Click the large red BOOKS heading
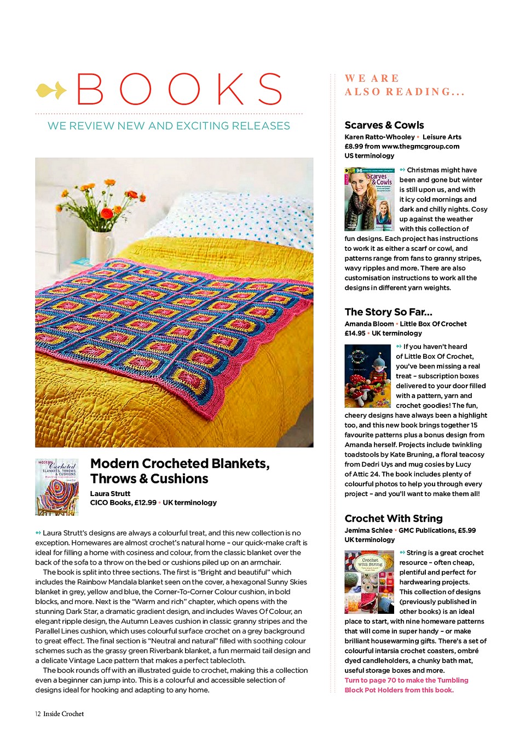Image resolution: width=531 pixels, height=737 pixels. [180, 89]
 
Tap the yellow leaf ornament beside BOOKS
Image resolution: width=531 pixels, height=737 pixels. [51, 90]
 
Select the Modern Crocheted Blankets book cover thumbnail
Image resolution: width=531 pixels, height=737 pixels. [57, 487]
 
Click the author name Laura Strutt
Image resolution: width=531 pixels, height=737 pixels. [110, 493]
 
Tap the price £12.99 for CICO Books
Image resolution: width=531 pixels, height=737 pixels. [145, 503]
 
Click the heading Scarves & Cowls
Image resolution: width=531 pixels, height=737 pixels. [384, 125]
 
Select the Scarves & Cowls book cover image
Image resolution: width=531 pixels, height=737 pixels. [370, 199]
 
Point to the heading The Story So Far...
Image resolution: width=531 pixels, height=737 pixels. [388, 312]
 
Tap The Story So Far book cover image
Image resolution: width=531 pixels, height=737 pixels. [367, 376]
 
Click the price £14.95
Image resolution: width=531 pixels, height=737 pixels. [355, 333]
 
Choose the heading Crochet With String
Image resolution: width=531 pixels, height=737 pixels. [394, 519]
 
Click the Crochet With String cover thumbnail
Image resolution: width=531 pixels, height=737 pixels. [370, 581]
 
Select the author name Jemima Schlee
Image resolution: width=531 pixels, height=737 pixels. [368, 531]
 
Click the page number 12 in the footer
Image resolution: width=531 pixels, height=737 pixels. [37, 714]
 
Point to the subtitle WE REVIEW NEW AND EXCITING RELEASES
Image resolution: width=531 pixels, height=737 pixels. [169, 126]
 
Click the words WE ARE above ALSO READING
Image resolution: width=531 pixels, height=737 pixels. [372, 78]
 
